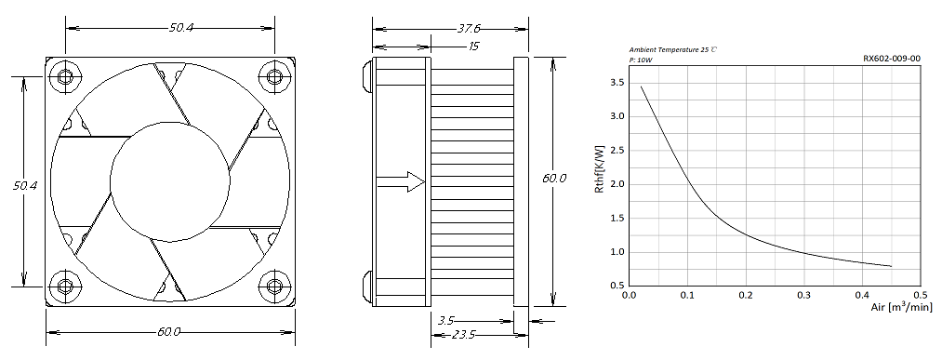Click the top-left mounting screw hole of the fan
click(65, 77)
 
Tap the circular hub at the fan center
click(170, 181)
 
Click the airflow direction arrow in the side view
click(400, 181)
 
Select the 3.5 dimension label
click(445, 321)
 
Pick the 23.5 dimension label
click(463, 335)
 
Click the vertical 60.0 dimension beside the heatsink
click(554, 179)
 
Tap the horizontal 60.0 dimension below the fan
click(170, 332)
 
